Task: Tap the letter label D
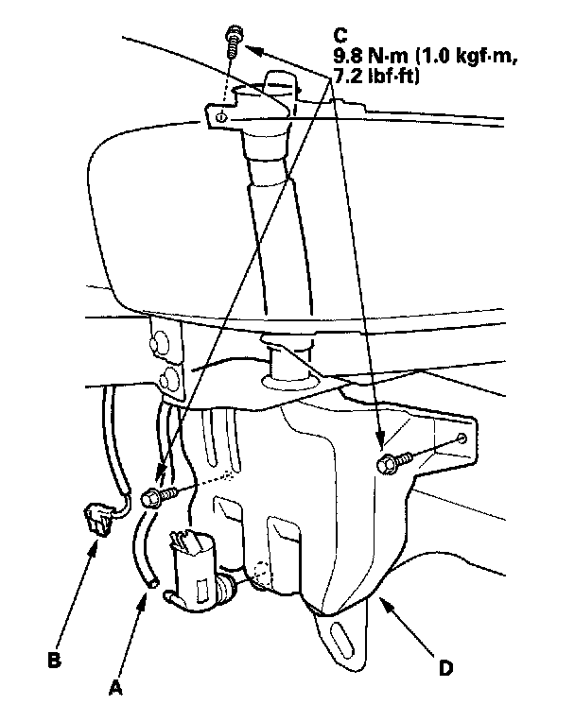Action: coord(444,668)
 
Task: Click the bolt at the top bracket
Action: coord(233,39)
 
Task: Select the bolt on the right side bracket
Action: coord(392,463)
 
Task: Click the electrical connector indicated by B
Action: coord(96,519)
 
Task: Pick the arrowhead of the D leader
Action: coord(380,602)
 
